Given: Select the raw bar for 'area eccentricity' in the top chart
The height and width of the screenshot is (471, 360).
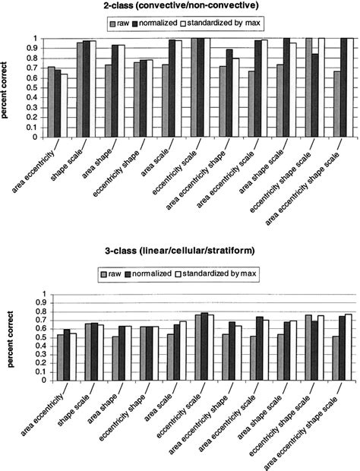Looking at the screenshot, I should (x=51, y=102).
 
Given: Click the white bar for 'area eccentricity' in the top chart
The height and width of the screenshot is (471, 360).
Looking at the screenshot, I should (x=64, y=106).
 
